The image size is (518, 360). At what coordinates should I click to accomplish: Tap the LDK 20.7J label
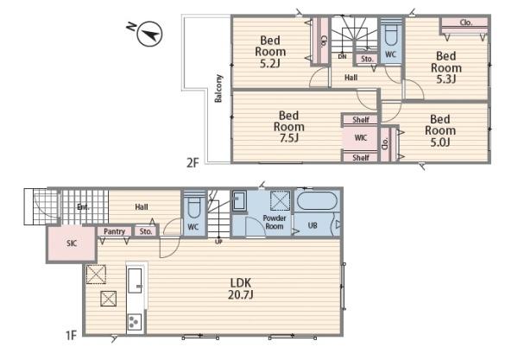click(241, 288)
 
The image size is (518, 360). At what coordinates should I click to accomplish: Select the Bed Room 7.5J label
click(288, 127)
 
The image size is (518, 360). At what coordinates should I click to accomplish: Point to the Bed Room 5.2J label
click(270, 52)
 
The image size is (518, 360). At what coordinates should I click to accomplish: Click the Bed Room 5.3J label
click(446, 67)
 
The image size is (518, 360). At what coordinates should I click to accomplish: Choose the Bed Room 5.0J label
click(440, 130)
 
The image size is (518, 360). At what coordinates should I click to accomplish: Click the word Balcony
click(218, 89)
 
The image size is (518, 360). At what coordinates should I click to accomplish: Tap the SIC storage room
click(72, 243)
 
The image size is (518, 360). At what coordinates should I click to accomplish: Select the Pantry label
click(114, 231)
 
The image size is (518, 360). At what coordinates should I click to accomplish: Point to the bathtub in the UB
click(317, 201)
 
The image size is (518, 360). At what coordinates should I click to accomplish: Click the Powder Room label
click(275, 222)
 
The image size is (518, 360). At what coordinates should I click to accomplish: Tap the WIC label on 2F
click(360, 138)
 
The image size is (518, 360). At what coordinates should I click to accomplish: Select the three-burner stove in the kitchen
click(135, 321)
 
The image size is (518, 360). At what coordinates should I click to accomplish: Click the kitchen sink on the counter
click(136, 280)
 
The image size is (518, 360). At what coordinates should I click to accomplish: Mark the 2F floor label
click(193, 163)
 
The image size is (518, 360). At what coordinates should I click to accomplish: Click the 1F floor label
click(71, 336)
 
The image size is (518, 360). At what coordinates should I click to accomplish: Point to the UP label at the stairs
click(218, 242)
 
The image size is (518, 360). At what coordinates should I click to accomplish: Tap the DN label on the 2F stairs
click(342, 57)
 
